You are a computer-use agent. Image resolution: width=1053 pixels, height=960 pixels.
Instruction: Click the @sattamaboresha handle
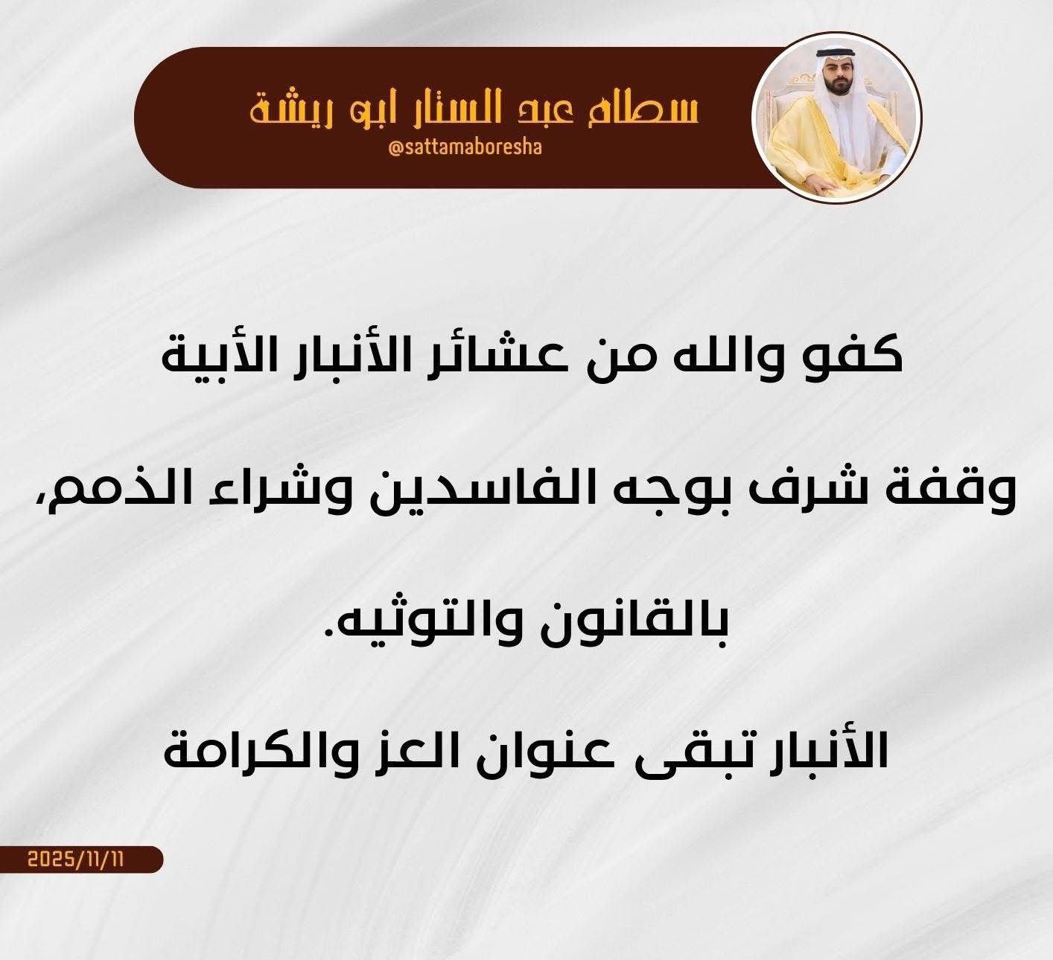[465, 148]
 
